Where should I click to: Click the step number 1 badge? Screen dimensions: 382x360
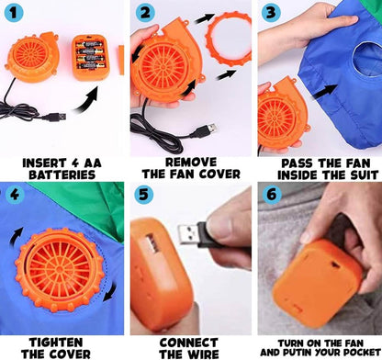(x=14, y=12)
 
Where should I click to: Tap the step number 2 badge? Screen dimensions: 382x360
(x=145, y=12)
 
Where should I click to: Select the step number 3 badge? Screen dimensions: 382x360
(x=271, y=12)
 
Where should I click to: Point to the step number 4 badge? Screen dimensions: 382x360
(x=14, y=195)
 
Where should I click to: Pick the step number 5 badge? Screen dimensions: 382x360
(x=143, y=194)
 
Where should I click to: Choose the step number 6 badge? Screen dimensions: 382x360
(x=272, y=194)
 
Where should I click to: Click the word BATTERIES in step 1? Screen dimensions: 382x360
(x=62, y=174)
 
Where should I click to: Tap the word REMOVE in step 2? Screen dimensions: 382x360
(x=191, y=162)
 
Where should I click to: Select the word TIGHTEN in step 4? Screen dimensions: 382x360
(x=56, y=342)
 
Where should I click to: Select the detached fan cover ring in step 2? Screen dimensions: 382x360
(x=228, y=39)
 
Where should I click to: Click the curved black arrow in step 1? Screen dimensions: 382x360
(x=86, y=99)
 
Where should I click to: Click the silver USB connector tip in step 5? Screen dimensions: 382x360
(x=187, y=234)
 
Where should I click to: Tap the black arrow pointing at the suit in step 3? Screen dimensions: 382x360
(x=324, y=92)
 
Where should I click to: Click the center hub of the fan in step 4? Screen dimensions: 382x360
(x=60, y=269)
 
